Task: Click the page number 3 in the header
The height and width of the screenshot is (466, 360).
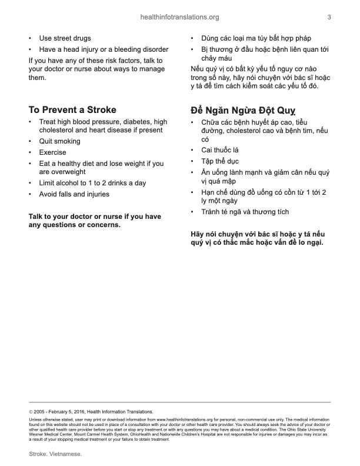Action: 329,17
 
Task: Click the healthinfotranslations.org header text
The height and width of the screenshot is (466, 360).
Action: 181,17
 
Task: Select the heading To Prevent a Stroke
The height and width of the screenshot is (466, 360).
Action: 72,109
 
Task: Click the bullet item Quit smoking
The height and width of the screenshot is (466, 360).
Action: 59,141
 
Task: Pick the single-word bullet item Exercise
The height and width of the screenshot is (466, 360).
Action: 52,152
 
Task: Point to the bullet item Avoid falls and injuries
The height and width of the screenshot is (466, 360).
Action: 74,194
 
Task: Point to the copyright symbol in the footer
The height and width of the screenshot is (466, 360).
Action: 31,412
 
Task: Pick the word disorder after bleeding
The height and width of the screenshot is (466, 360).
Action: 155,49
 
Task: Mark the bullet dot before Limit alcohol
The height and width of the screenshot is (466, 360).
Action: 31,183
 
